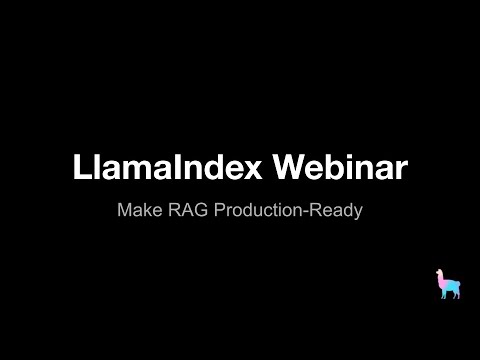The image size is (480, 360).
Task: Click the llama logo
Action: pyautogui.click(x=449, y=285)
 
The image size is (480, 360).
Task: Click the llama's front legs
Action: pyautogui.click(x=445, y=296)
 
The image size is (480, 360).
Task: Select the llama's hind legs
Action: pyautogui.click(x=456, y=296)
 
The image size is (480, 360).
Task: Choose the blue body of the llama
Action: pyautogui.click(x=452, y=286)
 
